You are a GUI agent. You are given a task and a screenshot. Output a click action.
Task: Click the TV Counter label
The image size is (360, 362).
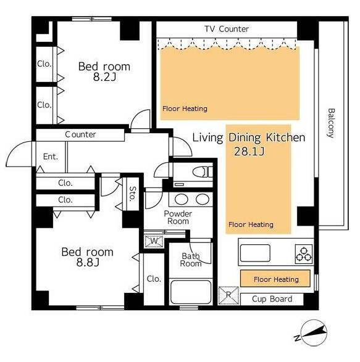[x=227, y=29]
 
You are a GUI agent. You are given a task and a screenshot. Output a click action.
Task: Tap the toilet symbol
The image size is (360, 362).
[x=203, y=172]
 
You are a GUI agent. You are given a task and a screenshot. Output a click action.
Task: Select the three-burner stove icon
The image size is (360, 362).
[x=304, y=254]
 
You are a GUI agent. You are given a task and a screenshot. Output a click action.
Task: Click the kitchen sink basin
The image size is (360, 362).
[x=255, y=253]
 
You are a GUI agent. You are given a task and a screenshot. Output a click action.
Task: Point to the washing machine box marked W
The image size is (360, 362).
[x=154, y=241]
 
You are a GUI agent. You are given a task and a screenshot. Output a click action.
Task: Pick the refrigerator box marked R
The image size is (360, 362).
[x=228, y=295]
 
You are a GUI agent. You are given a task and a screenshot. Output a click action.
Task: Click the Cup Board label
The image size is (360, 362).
[x=272, y=299]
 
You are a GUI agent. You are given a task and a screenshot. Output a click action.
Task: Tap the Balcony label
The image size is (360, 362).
[x=331, y=123]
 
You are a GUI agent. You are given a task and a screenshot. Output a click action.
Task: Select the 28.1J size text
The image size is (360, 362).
[x=249, y=152]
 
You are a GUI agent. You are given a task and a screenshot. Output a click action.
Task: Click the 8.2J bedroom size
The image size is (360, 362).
[x=104, y=77]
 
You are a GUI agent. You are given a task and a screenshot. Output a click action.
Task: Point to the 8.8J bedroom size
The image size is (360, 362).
[x=88, y=262]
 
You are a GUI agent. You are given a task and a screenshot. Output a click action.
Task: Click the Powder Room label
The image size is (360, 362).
[x=178, y=217]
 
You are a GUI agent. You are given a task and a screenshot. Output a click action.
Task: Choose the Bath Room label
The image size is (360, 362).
[x=191, y=260]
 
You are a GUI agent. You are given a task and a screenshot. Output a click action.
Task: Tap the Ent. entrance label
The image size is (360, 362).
[x=51, y=157]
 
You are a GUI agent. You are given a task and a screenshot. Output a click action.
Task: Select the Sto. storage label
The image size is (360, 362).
[x=133, y=194]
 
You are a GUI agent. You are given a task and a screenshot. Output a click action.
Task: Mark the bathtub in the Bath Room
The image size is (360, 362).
[x=191, y=292]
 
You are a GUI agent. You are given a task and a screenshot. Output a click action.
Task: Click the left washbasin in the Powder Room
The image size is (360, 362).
[x=182, y=199]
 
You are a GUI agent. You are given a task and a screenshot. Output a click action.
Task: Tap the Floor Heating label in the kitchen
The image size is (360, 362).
[x=276, y=279]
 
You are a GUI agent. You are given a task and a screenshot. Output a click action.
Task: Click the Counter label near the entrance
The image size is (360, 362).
[x=80, y=134]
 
